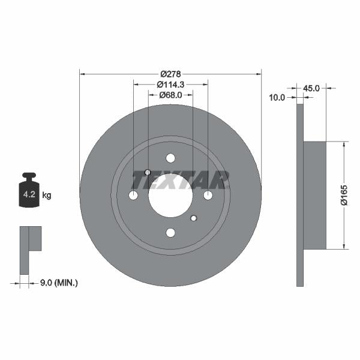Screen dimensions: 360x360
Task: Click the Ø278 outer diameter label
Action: tap(170, 74)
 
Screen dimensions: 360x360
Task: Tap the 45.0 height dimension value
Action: tap(311, 88)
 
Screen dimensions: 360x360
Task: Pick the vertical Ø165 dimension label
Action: tap(344, 195)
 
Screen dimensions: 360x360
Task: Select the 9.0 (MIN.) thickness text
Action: tap(58, 281)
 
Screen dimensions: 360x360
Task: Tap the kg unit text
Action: tap(47, 195)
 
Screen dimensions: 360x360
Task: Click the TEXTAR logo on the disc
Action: tap(180, 179)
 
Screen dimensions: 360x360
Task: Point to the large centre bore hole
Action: tap(170, 196)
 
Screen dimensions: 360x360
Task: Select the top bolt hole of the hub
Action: tap(170, 158)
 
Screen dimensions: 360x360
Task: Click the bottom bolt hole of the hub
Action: tap(170, 233)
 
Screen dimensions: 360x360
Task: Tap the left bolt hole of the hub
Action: tap(133, 196)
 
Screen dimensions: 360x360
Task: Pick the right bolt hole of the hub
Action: tap(208, 196)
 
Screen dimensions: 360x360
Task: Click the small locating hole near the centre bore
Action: tap(193, 218)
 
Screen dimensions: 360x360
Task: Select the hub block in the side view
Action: tap(315, 195)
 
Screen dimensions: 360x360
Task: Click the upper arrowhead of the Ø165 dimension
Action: tap(344, 145)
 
